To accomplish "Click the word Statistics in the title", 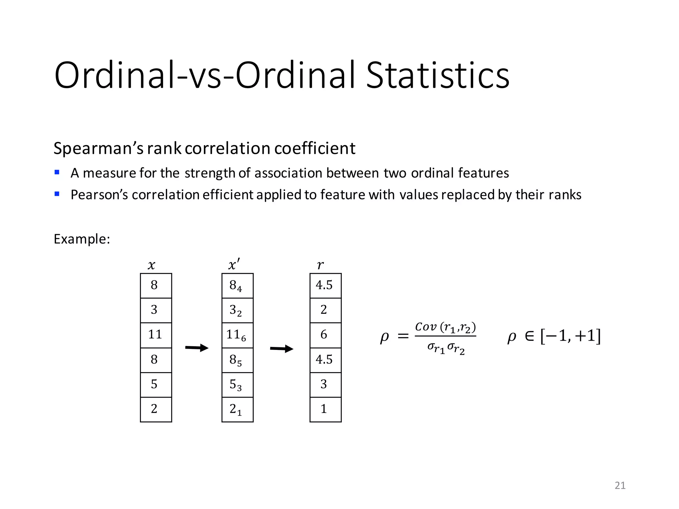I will (x=437, y=75).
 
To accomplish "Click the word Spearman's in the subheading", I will (x=98, y=148).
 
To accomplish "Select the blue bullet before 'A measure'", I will (x=57, y=172).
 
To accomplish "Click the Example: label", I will (x=82, y=239).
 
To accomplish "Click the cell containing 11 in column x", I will (x=156, y=335).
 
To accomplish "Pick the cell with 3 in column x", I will (x=156, y=310).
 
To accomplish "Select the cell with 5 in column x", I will (x=156, y=385).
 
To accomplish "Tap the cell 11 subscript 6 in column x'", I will (x=237, y=335).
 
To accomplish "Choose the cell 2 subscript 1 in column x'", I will (x=237, y=409).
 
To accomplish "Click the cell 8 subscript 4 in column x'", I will (x=237, y=286).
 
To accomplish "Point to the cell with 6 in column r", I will (x=325, y=335).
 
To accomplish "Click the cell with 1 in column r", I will (x=325, y=409).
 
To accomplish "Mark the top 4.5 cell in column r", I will (x=325, y=286).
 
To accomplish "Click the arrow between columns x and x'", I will (x=197, y=348).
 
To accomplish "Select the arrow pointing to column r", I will (x=281, y=349).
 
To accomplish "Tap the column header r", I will (x=320, y=265).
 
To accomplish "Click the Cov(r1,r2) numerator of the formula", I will (x=445, y=327).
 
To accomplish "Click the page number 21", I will (x=620, y=485).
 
